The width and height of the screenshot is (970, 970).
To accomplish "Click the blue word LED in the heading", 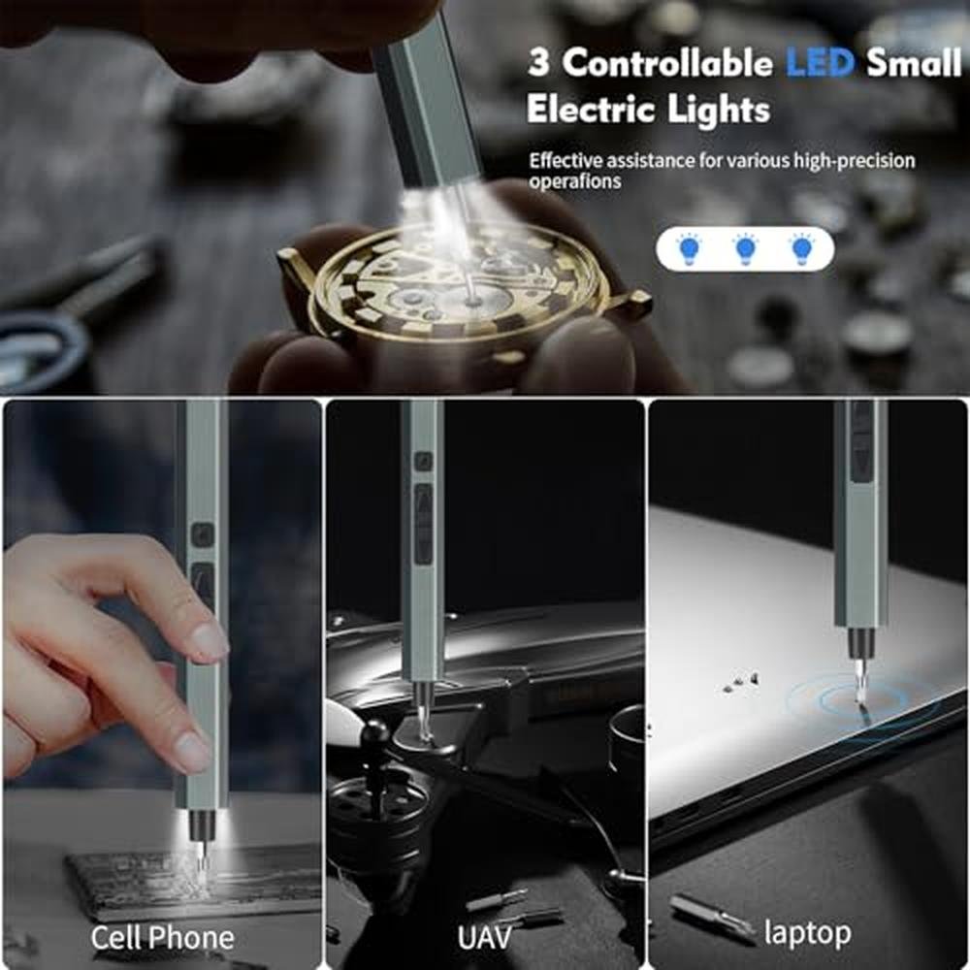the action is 821,63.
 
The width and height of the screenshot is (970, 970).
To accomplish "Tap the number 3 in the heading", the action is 538,63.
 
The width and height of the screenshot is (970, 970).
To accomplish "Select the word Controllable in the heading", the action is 668,63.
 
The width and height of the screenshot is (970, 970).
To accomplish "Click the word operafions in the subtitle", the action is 574,181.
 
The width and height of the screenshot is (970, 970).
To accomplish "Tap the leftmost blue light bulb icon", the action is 689,249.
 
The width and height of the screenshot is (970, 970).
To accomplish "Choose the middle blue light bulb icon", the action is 745,249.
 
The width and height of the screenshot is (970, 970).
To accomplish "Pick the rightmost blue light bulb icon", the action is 802,249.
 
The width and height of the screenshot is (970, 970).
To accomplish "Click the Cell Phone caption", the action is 163,938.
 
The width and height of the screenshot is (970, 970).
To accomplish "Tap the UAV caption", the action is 485,938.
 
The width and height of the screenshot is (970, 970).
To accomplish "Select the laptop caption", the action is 807,933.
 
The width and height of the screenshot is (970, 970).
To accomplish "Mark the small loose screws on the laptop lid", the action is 740,683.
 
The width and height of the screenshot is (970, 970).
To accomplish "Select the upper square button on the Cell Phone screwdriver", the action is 203,534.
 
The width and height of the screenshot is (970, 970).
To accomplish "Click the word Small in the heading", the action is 914,63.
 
